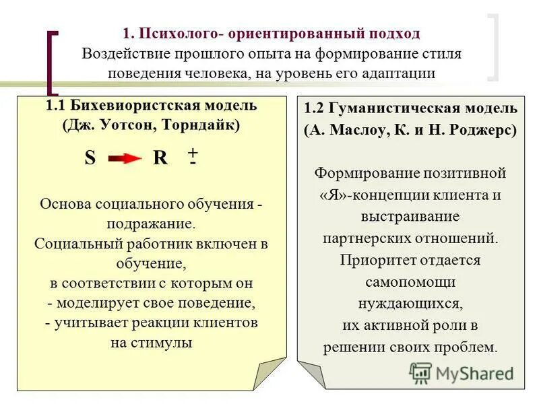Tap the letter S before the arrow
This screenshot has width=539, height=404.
tap(90, 158)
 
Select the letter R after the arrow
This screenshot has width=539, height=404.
tap(160, 158)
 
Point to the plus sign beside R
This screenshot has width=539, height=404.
tap(193, 152)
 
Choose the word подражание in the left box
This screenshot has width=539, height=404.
tap(150, 223)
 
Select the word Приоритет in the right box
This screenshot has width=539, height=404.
tap(372, 260)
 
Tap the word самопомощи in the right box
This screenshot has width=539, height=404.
tap(410, 281)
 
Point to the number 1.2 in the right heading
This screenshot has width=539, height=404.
tap(315, 108)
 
